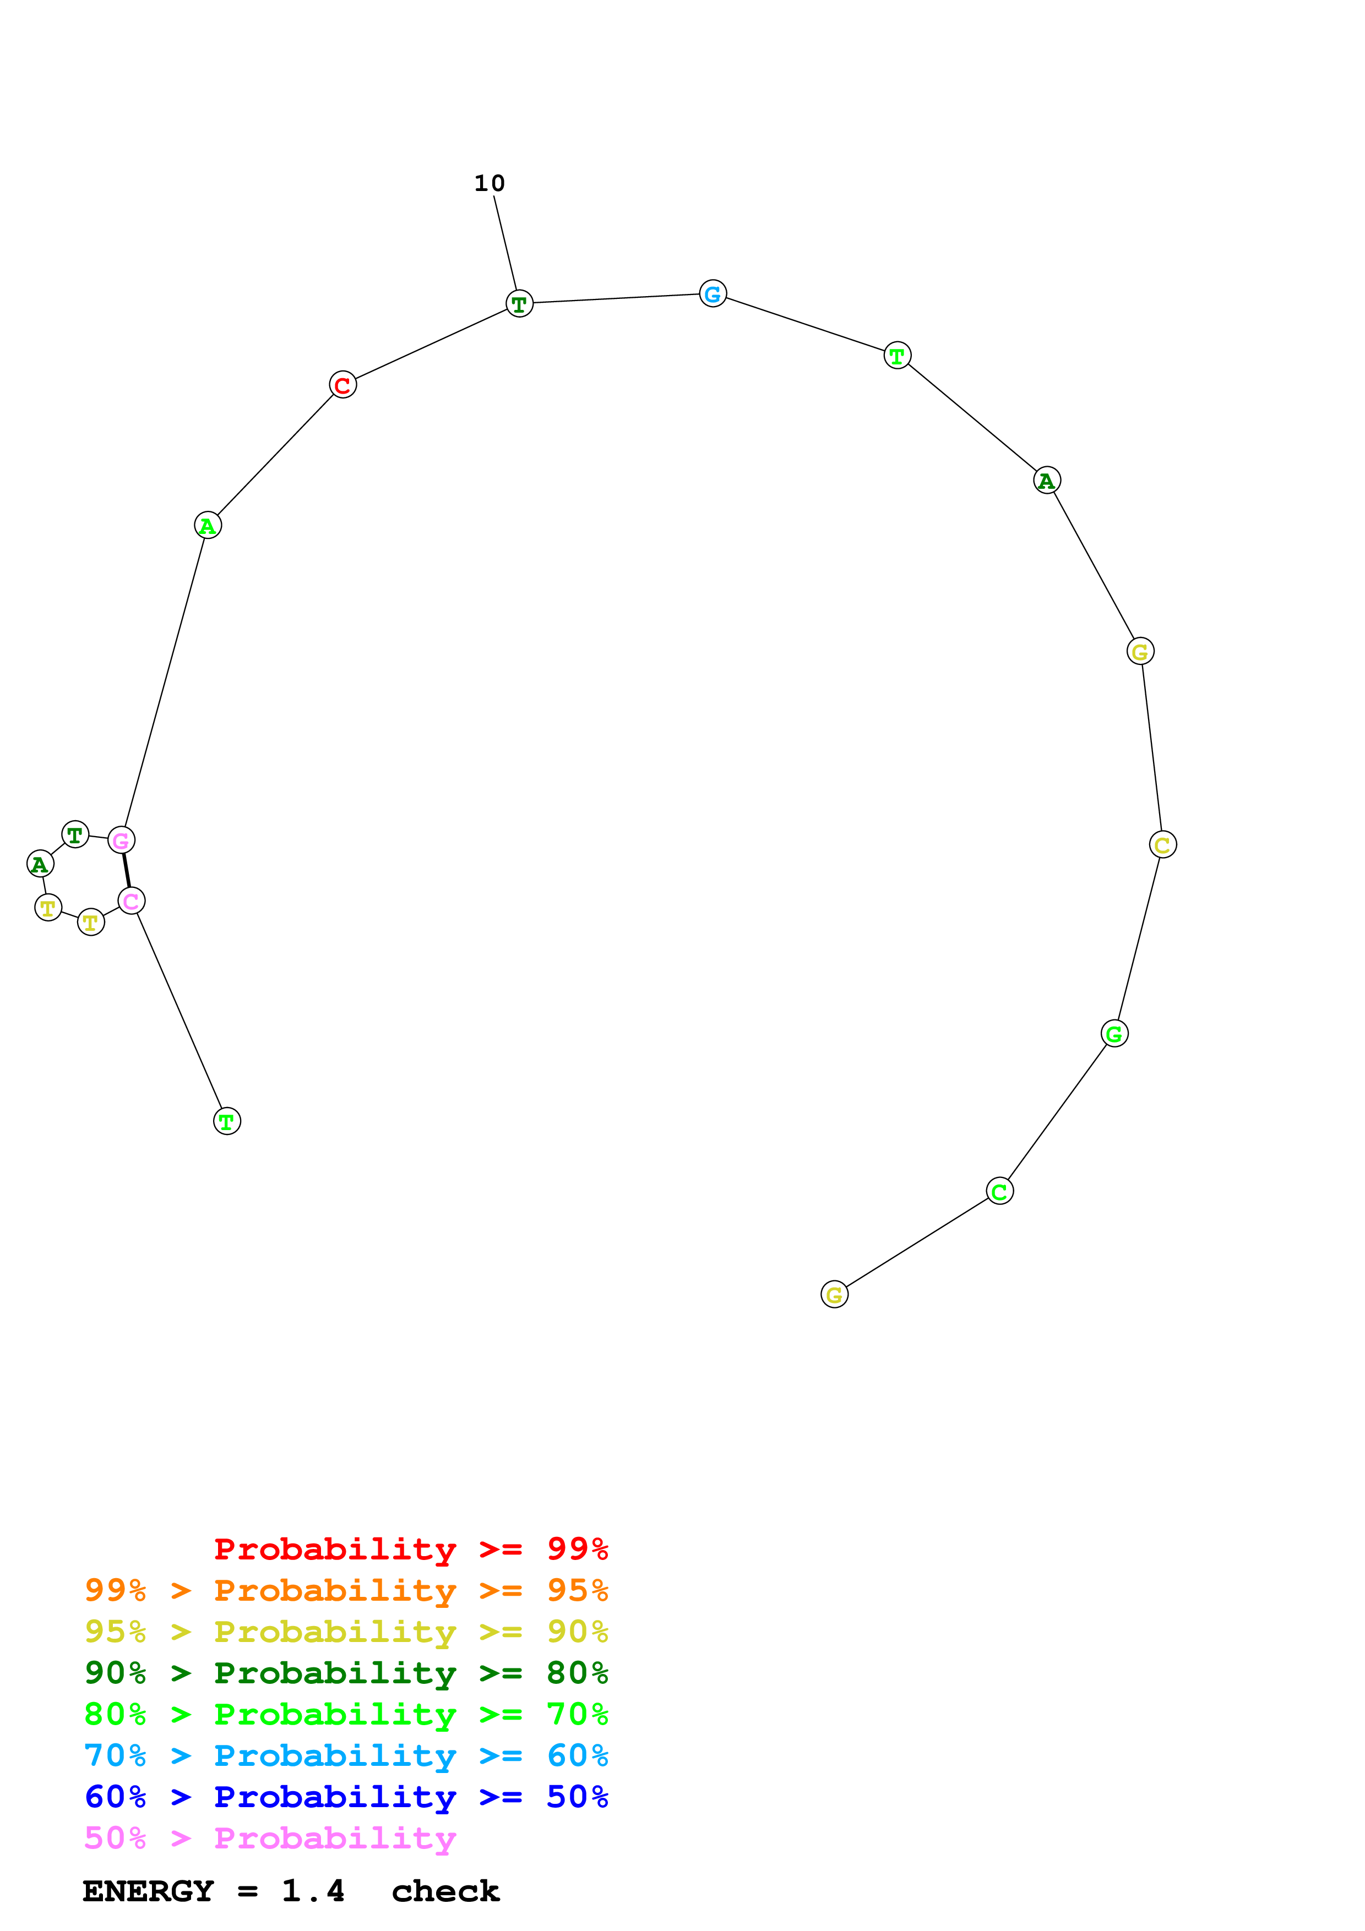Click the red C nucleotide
point(342,385)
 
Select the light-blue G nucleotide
point(713,293)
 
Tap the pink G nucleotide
point(121,840)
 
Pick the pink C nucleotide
point(131,901)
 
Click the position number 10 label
point(490,183)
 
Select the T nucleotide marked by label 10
point(519,304)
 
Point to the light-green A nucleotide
point(207,526)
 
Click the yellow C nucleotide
point(1162,844)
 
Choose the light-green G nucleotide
point(1114,1034)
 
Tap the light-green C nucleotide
point(999,1191)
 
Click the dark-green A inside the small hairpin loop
point(40,864)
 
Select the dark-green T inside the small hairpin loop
point(75,834)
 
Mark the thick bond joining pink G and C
point(126,870)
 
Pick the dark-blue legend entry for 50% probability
point(346,1797)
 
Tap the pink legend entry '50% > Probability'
point(269,1839)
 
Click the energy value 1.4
point(313,1891)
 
